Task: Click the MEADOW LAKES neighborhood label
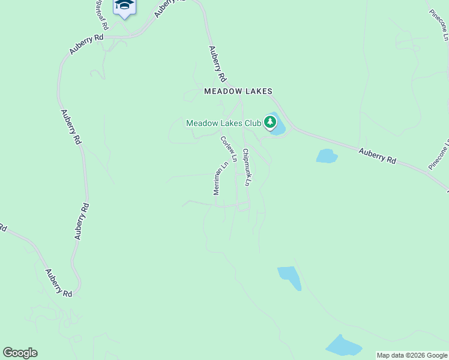238,91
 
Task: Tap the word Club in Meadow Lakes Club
252,123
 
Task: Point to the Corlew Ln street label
229,149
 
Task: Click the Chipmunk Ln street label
246,166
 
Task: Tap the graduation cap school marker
124,5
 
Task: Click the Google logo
20,353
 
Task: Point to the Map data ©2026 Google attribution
412,355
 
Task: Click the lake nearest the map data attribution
343,346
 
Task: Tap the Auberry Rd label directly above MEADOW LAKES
217,64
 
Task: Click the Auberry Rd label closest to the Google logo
58,283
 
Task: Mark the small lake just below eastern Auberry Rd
327,156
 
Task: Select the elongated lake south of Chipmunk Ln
289,278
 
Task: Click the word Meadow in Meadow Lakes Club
200,123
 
